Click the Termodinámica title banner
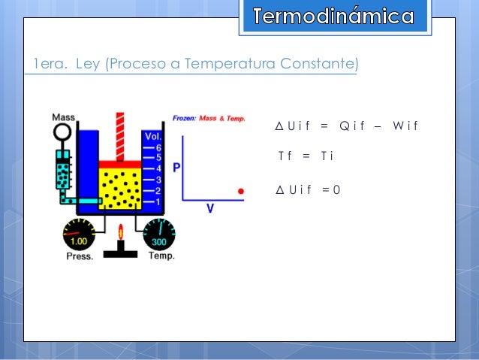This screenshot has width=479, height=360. pyautogui.click(x=333, y=17)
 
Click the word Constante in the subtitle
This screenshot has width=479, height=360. pyautogui.click(x=318, y=65)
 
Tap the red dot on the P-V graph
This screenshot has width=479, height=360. pyautogui.click(x=241, y=192)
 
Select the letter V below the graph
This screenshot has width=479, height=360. pyautogui.click(x=210, y=209)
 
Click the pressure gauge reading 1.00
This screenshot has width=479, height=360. pyautogui.click(x=78, y=236)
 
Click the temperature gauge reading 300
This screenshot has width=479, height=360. pyautogui.click(x=158, y=236)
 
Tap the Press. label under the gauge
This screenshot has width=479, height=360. pyautogui.click(x=79, y=256)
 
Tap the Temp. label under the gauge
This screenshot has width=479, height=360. pyautogui.click(x=161, y=256)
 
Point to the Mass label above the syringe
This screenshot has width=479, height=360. pyautogui.click(x=62, y=117)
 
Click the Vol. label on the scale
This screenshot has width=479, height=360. pyautogui.click(x=152, y=138)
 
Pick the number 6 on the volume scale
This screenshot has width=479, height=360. pyautogui.click(x=158, y=148)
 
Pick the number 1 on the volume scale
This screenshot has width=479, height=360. pyautogui.click(x=158, y=201)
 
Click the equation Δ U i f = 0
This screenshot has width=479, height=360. pyautogui.click(x=309, y=189)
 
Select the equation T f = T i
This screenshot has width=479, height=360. pyautogui.click(x=306, y=156)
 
